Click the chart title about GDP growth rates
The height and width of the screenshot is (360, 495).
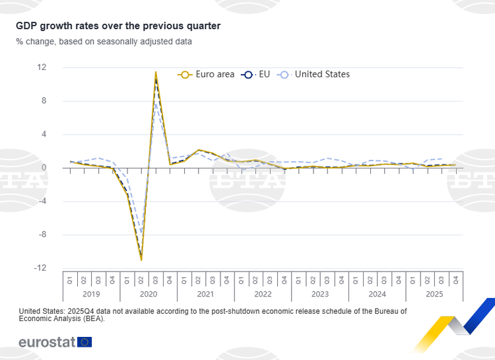119,26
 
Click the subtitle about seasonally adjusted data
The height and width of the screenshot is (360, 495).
104,42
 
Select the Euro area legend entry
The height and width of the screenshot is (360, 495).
206,75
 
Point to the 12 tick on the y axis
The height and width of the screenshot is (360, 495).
42,67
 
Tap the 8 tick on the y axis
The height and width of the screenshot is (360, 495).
44,101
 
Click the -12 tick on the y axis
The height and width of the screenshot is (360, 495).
40,268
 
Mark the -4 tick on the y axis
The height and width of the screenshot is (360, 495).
42,201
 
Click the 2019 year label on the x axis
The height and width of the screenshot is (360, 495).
92,294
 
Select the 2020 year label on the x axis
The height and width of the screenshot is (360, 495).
148,294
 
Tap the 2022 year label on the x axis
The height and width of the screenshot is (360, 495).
263,294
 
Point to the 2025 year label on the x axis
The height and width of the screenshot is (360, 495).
434,294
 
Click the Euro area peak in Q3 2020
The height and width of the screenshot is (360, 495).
156,72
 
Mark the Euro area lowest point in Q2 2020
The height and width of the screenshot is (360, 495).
141,260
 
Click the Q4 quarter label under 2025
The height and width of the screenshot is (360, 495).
456,280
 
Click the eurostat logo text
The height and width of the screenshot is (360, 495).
46,342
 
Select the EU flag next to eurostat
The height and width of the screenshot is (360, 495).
84,342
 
